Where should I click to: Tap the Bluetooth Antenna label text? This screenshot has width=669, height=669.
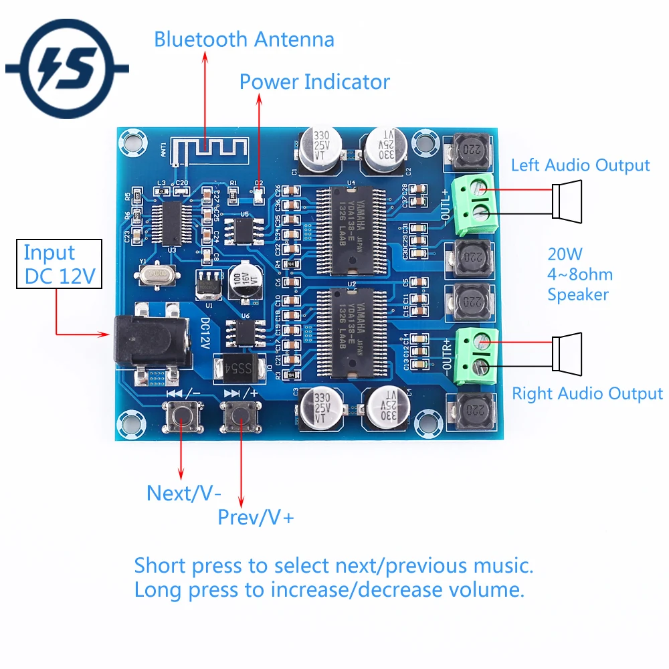244,39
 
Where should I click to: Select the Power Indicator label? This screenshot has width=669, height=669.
314,82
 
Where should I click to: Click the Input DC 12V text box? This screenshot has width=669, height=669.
58,264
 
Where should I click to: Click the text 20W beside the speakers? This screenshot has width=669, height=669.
565,254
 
